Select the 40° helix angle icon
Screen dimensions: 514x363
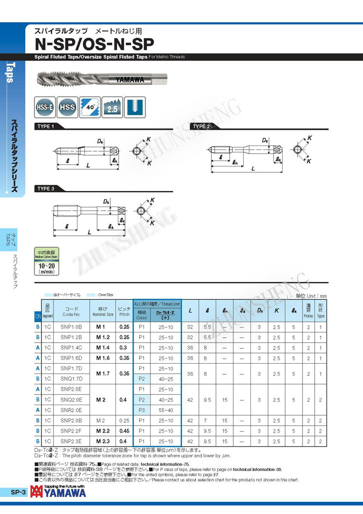(x=90, y=106)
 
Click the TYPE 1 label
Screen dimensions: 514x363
(x=46, y=126)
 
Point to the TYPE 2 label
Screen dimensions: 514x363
(x=202, y=126)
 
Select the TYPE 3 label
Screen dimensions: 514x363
(x=46, y=188)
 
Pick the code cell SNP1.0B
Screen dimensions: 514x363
(x=72, y=327)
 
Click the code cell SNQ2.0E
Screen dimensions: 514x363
(x=72, y=400)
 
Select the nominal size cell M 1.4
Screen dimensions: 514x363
(x=103, y=348)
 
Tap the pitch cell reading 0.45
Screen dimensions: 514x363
(x=124, y=431)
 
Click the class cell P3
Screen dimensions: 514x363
(x=142, y=410)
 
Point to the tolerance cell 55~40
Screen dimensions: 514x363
(x=166, y=410)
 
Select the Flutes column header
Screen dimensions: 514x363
(x=308, y=310)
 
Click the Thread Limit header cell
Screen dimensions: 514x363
(x=157, y=304)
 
